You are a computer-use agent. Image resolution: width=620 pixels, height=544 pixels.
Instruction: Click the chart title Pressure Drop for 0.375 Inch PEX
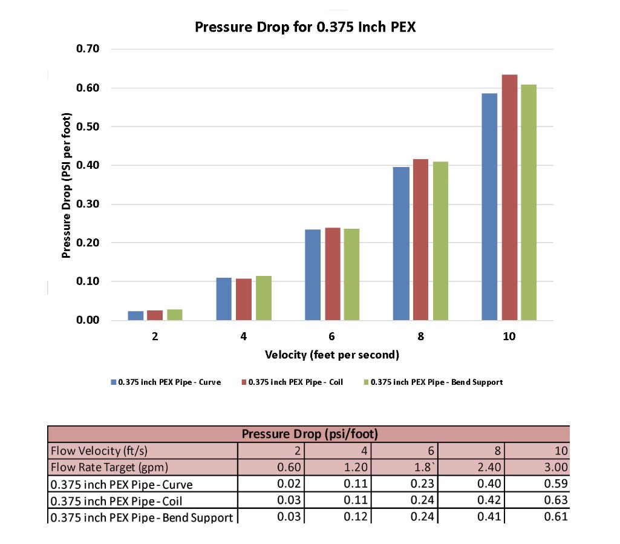(x=305, y=27)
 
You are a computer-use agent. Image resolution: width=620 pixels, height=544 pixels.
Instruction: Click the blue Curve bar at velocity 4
(x=224, y=299)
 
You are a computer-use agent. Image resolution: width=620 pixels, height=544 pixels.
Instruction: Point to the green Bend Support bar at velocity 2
(x=175, y=315)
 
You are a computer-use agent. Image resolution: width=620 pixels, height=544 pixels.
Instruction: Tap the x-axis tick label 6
(x=332, y=336)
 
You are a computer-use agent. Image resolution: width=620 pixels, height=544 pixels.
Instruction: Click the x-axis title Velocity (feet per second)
(x=332, y=355)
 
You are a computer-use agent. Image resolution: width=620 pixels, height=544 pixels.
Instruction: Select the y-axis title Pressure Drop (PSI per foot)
(x=67, y=185)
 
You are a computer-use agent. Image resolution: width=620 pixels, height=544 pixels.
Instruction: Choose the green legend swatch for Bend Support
(x=365, y=382)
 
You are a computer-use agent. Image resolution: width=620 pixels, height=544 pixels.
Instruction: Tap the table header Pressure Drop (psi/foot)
(x=308, y=434)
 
